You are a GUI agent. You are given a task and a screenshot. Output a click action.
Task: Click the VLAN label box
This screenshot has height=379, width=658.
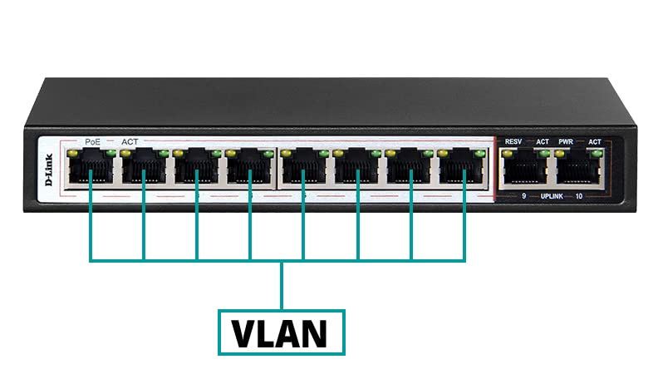click(x=281, y=332)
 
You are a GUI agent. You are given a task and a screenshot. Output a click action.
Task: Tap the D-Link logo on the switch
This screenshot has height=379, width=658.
click(x=49, y=170)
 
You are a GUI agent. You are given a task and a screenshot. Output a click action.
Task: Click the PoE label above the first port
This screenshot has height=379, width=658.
click(x=92, y=142)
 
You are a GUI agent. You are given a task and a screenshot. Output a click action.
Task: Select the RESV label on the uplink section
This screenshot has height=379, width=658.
click(x=513, y=142)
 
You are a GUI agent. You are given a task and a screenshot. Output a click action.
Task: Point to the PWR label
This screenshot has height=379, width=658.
click(x=565, y=142)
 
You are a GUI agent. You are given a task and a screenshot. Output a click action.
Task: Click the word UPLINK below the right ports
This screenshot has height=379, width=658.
click(x=552, y=196)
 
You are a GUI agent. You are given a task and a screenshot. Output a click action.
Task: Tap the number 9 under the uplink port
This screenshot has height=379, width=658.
click(x=523, y=196)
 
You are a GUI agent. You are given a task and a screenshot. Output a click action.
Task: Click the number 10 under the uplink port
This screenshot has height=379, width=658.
click(x=579, y=196)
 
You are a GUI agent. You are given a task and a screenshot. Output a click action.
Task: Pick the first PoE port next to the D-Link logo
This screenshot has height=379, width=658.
click(x=91, y=168)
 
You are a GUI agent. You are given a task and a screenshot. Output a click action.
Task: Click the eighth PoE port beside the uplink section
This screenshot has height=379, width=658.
click(x=463, y=168)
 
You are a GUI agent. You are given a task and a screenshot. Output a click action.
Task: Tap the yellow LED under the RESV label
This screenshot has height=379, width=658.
click(x=508, y=154)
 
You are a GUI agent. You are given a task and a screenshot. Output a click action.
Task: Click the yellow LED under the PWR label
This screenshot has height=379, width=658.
click(x=560, y=154)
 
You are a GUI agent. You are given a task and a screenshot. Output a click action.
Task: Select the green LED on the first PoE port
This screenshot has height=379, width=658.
click(x=110, y=153)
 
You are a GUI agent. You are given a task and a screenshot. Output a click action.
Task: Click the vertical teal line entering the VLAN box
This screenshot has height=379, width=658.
click(x=282, y=285)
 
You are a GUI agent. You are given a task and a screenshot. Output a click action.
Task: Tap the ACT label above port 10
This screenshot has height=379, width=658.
click(x=595, y=142)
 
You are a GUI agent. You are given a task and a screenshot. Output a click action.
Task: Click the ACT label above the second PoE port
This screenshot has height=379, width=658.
click(x=130, y=142)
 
